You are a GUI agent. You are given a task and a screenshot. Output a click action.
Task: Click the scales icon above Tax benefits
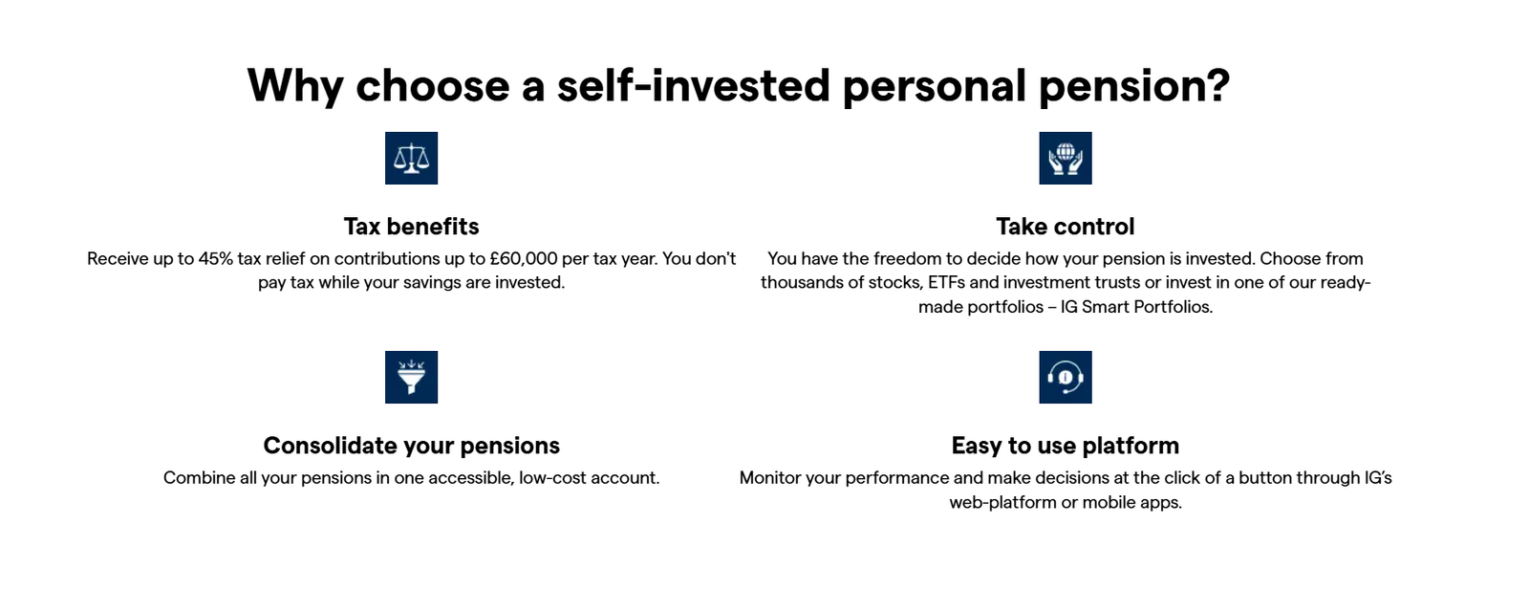pos(411,158)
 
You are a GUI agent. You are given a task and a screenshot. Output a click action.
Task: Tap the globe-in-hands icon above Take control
pos(1065,158)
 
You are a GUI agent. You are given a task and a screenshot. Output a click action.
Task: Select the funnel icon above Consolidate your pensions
pos(411,377)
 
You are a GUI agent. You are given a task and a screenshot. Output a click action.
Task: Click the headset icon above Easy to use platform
pos(1065,377)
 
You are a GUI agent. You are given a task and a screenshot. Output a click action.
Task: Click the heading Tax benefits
pos(411,227)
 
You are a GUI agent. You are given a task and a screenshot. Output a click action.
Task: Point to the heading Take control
pos(1065,227)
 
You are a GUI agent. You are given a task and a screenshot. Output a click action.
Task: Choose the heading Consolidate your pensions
pos(411,446)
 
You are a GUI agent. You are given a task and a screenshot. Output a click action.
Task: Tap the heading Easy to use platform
pos(1065,446)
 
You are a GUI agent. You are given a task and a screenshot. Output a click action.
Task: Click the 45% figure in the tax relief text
pos(215,259)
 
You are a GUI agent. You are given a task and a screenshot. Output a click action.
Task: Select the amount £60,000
pos(523,259)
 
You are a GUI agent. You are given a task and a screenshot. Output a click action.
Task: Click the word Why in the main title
pos(294,86)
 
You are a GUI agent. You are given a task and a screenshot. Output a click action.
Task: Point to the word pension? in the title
pos(1133,86)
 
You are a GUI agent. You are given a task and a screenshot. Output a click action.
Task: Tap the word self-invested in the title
pos(694,86)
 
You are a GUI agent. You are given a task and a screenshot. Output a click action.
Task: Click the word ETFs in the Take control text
pos(946,283)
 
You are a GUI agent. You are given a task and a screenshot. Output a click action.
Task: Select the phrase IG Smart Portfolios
pos(1136,307)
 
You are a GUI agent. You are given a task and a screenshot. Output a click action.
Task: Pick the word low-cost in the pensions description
pos(551,478)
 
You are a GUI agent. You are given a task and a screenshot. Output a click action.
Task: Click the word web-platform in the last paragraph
pos(1002,503)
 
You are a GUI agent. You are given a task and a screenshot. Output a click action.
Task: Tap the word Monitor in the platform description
pos(770,478)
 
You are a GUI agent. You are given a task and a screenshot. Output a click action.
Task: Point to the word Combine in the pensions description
pos(199,478)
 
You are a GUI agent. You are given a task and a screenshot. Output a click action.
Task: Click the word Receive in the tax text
pos(118,259)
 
